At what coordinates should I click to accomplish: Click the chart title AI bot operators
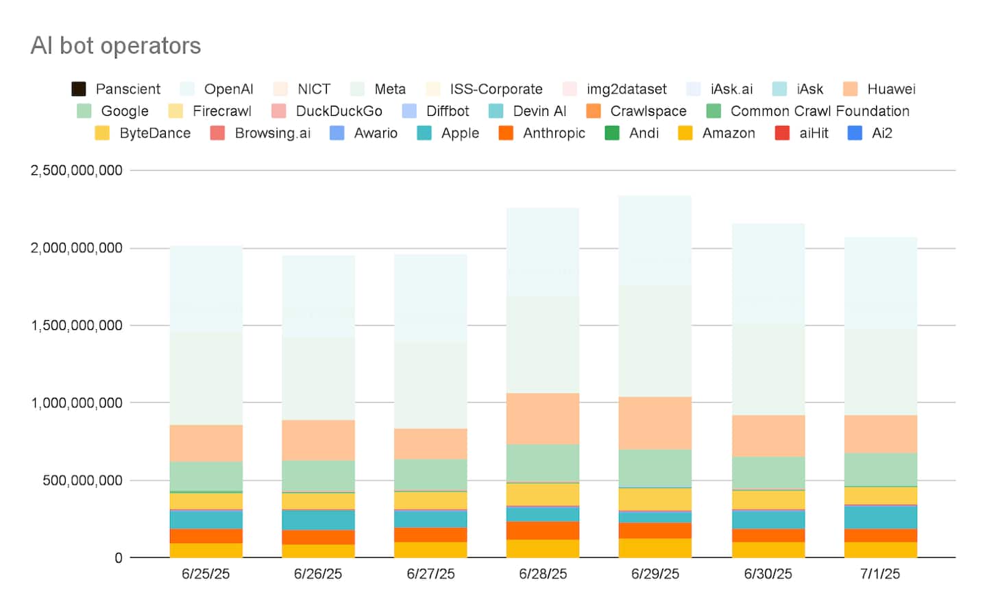(116, 46)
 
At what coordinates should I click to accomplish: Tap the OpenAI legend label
(228, 89)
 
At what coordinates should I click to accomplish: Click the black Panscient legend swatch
(79, 89)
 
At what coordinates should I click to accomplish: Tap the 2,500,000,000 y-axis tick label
(76, 170)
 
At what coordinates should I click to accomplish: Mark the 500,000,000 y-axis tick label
(82, 481)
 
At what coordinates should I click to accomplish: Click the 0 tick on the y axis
(119, 558)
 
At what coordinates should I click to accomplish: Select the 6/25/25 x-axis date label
(206, 574)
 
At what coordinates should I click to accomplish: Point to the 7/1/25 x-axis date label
(880, 574)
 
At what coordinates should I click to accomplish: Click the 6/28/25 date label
(543, 574)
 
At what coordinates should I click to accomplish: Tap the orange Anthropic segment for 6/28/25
(543, 531)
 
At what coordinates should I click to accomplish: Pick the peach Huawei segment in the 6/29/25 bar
(655, 423)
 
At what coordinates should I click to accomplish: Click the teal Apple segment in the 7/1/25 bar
(881, 517)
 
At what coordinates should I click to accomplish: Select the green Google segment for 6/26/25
(319, 476)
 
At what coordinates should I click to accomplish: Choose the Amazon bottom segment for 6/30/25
(768, 550)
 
